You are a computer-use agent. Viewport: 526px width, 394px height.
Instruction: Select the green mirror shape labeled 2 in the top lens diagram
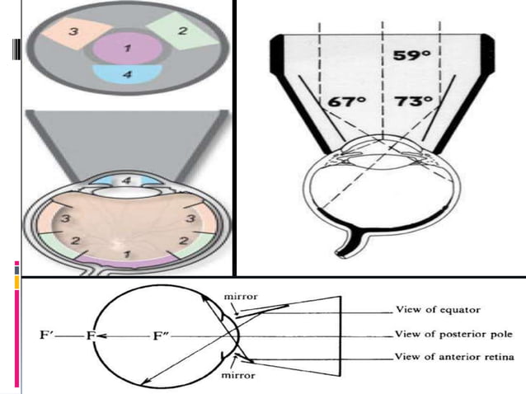[182, 33]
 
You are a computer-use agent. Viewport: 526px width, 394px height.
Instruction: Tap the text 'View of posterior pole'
[453, 335]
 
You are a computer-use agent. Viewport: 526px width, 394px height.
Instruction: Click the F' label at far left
[47, 336]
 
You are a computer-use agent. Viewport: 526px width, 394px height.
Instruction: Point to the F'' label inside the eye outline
[162, 336]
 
